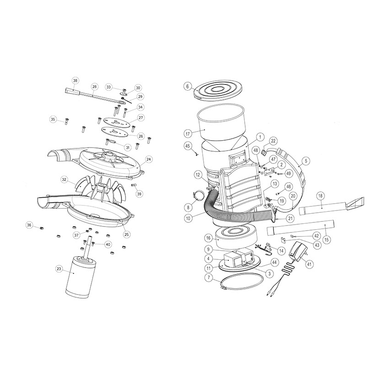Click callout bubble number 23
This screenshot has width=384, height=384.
coord(59,269)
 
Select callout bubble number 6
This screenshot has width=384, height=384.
coord(188,86)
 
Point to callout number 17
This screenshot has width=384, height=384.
coord(188,134)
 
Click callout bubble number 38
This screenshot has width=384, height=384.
coord(75,80)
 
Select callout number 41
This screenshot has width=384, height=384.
coord(309,264)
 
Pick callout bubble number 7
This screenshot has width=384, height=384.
coord(209,278)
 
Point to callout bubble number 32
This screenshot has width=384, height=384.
coord(64,179)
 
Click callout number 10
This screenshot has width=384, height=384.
coord(188,218)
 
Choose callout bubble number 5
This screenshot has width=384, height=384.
coord(306,161)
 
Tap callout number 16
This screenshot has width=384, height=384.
coord(208,238)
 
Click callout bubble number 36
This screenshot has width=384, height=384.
coord(29,225)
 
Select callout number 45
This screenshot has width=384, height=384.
coord(188,146)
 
